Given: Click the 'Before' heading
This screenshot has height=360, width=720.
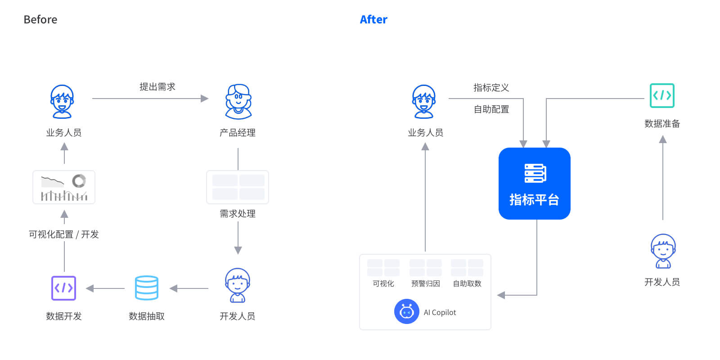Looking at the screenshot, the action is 40,20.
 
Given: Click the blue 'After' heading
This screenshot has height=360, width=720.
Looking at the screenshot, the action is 373,20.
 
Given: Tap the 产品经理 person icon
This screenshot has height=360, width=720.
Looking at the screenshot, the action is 238,102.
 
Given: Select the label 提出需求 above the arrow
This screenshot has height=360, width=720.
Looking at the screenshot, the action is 157,86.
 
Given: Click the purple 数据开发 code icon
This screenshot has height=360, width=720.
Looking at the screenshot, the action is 63,288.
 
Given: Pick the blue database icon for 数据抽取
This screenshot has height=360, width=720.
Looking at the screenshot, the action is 147,288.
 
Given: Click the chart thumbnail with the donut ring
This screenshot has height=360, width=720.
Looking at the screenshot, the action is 64,187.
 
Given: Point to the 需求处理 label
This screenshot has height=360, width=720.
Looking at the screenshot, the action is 238,213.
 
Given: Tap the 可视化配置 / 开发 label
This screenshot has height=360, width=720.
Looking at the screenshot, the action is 63,234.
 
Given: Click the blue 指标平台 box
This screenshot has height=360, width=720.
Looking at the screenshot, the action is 535,184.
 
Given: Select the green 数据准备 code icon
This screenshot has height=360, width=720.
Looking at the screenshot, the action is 662,95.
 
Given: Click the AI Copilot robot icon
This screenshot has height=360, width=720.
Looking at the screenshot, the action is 407,311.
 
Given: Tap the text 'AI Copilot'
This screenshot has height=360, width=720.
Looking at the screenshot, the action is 440,312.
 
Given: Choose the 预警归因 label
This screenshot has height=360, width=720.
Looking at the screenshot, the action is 426,283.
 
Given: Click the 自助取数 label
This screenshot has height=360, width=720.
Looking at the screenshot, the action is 467,283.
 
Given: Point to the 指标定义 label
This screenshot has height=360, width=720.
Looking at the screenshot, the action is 491,87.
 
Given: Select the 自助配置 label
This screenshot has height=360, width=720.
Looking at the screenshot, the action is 491,109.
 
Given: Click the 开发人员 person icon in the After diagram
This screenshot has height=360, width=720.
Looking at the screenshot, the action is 663,251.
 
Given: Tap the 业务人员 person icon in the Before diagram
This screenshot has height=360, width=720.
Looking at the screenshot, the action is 63,102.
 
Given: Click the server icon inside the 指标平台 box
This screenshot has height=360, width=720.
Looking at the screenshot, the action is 535,173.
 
